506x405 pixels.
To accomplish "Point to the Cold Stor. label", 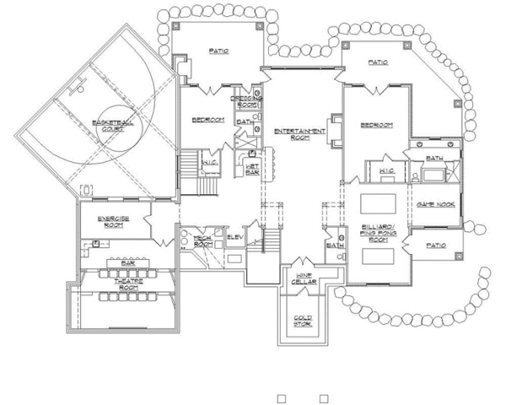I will (x=304, y=321).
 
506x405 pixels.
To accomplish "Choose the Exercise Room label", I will (x=112, y=221).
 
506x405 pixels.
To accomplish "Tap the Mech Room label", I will (x=202, y=241).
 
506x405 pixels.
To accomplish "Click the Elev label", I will (x=235, y=237).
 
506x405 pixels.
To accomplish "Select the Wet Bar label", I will (x=251, y=168).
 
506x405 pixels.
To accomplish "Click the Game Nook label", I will (x=436, y=205).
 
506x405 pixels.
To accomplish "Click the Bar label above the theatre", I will (x=128, y=262).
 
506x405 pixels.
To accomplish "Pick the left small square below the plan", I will (x=283, y=397).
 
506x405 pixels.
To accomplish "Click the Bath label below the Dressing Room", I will (x=244, y=121).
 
